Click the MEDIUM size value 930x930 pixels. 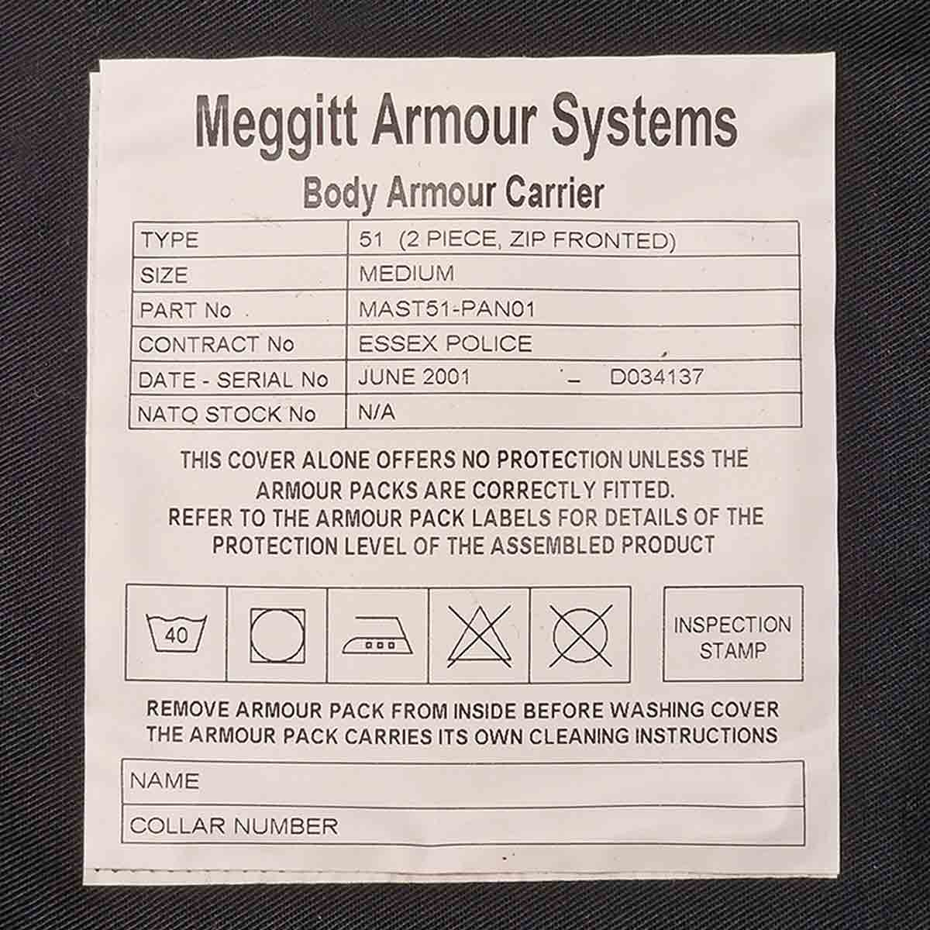[x=406, y=274]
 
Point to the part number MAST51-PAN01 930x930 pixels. [x=447, y=309]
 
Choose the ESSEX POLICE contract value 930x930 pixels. [x=446, y=343]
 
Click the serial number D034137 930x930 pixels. [x=657, y=377]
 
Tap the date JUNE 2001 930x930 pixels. [x=414, y=377]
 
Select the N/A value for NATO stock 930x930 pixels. [x=377, y=412]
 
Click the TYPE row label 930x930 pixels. [x=170, y=239]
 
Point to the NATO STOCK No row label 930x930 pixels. [x=226, y=415]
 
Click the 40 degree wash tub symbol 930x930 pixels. [x=176, y=635]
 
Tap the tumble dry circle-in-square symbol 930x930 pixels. [x=277, y=635]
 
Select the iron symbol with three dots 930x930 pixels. [x=377, y=635]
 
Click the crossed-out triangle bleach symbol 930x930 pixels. [x=479, y=635]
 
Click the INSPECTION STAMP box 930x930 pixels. [x=732, y=633]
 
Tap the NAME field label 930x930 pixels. [x=164, y=781]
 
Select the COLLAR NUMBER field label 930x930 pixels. [x=233, y=826]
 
